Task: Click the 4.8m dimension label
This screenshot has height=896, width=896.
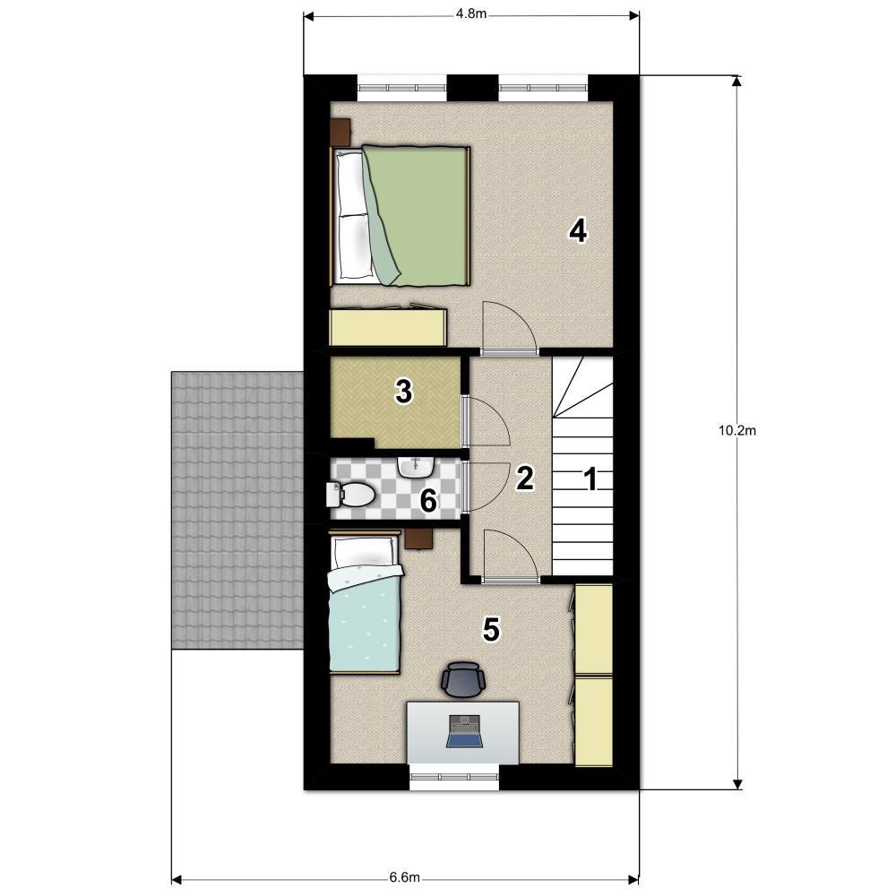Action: (x=471, y=13)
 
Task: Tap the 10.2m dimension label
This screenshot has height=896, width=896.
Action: (x=737, y=430)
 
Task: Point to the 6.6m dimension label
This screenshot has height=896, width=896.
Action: (x=405, y=877)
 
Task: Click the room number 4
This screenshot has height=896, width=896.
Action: (x=578, y=231)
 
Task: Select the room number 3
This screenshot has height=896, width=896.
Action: (x=403, y=392)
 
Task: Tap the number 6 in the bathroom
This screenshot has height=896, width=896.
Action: (x=428, y=501)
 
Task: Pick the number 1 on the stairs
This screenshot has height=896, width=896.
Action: (x=590, y=478)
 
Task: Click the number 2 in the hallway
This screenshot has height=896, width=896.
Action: (x=524, y=478)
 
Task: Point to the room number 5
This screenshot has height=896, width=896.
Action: (x=491, y=630)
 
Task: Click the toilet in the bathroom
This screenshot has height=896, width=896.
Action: (x=350, y=495)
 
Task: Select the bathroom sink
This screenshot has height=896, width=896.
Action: (x=416, y=466)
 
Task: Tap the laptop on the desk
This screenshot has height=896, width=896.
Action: (x=464, y=731)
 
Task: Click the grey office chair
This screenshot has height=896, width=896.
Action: (x=463, y=679)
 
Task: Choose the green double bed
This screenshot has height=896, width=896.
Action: (x=400, y=215)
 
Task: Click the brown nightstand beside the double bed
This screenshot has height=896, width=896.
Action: (x=340, y=132)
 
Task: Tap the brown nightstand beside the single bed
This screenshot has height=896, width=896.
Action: (x=418, y=538)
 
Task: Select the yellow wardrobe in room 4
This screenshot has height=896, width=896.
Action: (x=389, y=327)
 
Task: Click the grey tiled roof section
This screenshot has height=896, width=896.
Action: (x=237, y=511)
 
